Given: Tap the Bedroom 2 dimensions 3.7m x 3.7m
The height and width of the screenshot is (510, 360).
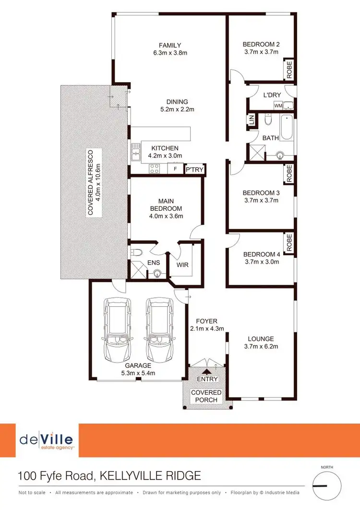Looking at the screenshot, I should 261,52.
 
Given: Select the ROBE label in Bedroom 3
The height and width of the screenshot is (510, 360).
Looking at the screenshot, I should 289,173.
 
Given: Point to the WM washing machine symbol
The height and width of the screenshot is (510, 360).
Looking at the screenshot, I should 278,105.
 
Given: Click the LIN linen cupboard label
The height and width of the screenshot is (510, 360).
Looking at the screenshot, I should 251,120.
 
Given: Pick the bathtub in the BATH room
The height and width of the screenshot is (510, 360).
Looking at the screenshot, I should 287,127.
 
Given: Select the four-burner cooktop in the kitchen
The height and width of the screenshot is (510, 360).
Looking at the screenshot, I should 155,169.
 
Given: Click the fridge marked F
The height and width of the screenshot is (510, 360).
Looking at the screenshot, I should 175,169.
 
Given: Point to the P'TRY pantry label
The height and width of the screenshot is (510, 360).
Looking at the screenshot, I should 194,170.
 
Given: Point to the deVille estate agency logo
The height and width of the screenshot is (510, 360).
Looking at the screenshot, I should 47,440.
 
